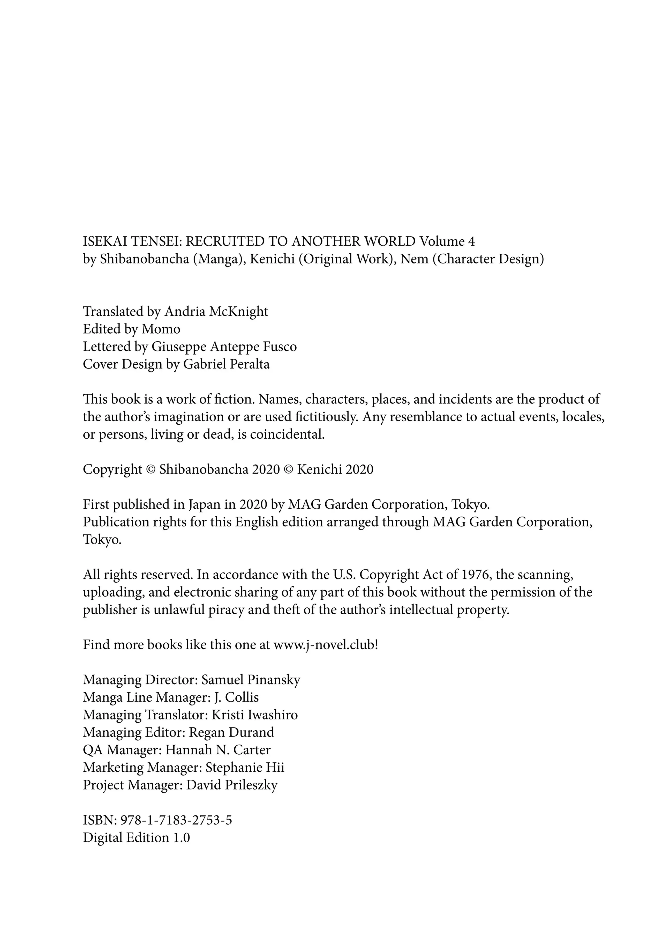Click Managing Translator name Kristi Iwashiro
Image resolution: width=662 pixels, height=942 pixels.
(254, 715)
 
